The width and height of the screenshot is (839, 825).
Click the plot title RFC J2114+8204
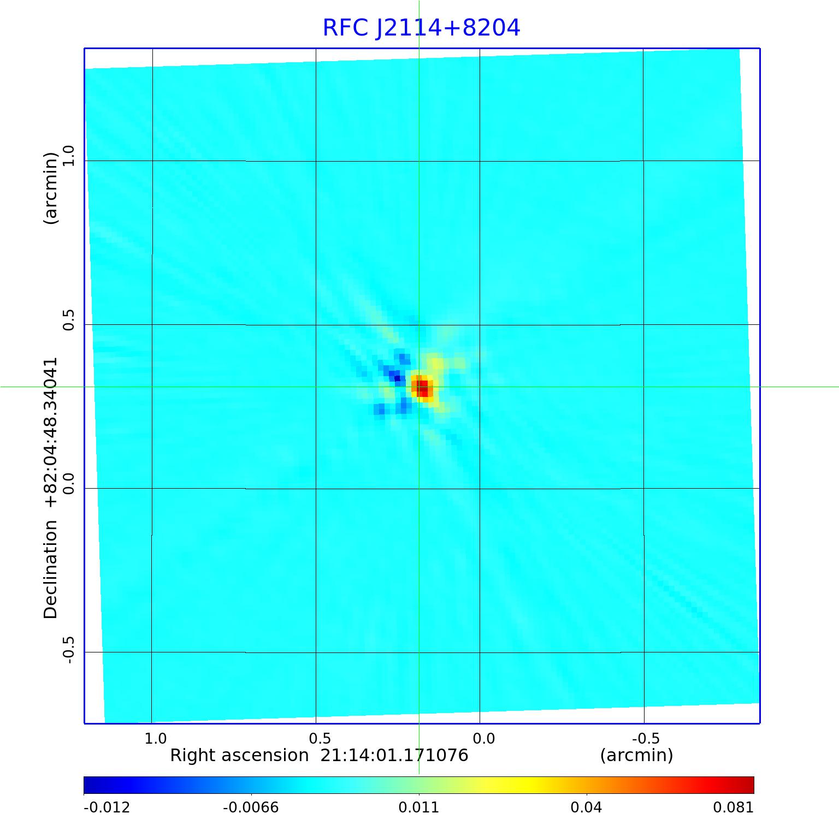421,28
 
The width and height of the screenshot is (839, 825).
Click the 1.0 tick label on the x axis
155,739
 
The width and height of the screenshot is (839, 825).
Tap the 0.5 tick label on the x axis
320,739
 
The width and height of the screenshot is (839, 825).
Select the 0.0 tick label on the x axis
483,739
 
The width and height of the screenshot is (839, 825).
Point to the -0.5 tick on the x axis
646,739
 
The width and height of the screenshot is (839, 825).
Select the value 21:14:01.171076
394,755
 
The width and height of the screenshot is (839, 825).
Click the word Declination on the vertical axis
51,569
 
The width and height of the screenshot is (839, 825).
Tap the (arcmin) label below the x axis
636,755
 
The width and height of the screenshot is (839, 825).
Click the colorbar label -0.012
107,808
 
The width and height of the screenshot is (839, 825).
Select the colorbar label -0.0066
251,808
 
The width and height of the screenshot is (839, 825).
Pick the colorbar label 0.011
419,808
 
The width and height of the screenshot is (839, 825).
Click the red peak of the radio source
422,388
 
